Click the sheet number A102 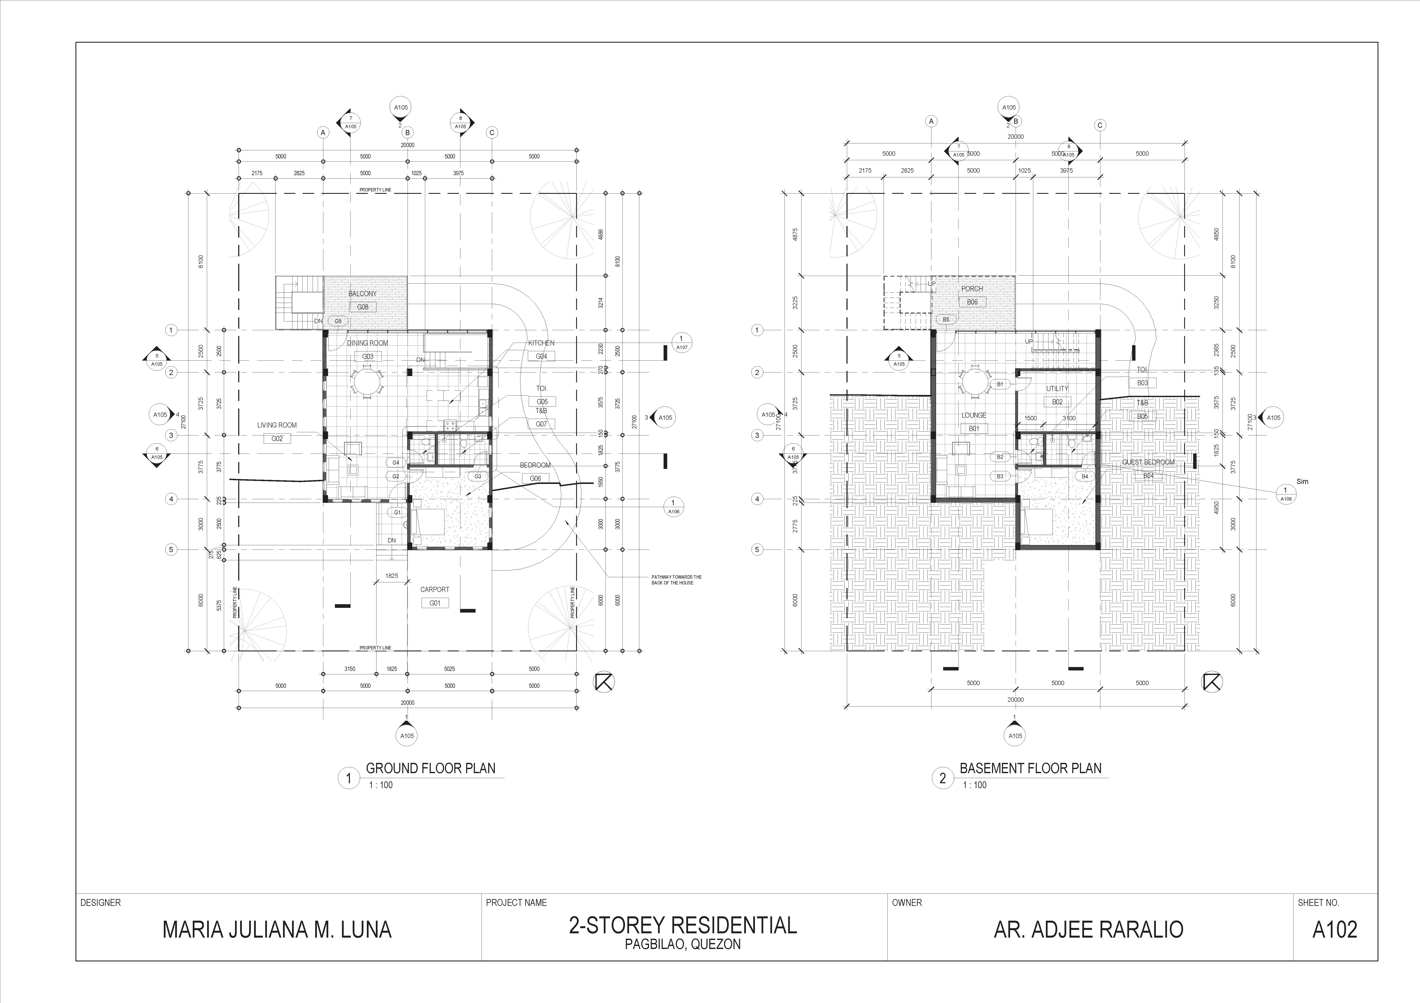click(1335, 929)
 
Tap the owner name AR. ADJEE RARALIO click(1089, 929)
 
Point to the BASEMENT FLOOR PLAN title click(1030, 769)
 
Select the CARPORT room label click(435, 589)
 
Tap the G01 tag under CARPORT click(435, 603)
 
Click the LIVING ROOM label click(277, 425)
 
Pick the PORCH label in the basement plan click(972, 289)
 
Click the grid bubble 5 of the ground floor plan click(171, 549)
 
